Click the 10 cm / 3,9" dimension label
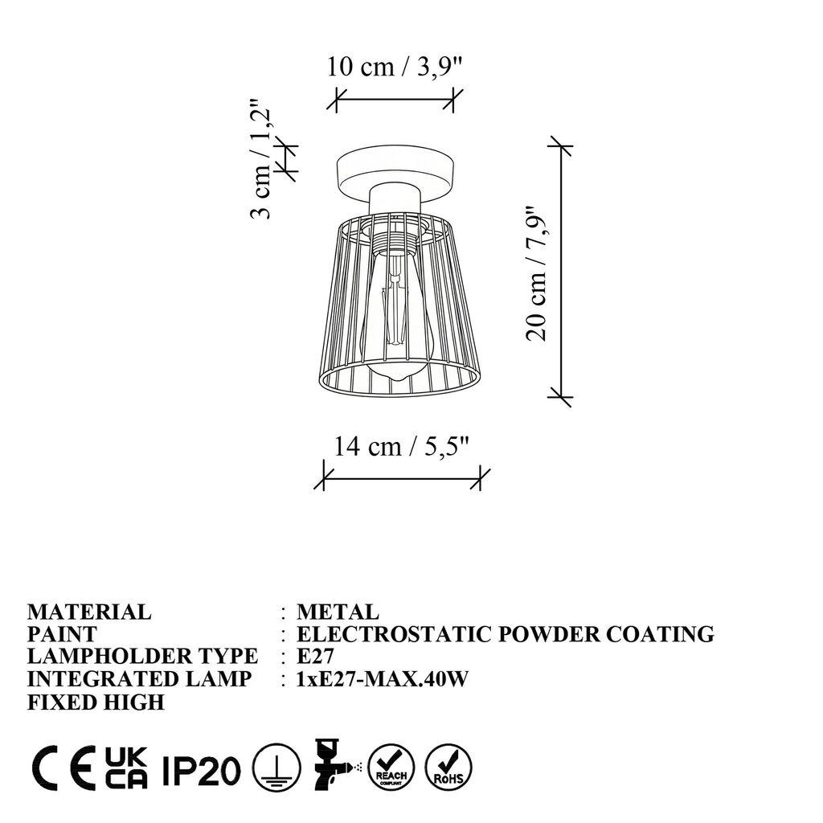[x=395, y=67]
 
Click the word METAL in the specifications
[x=337, y=612]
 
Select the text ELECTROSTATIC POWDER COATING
[x=505, y=634]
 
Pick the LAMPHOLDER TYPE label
[x=142, y=656]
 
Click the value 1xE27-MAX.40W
[x=383, y=678]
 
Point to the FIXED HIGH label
[x=96, y=702]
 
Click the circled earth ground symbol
[x=272, y=769]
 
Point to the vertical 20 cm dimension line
[x=560, y=271]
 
